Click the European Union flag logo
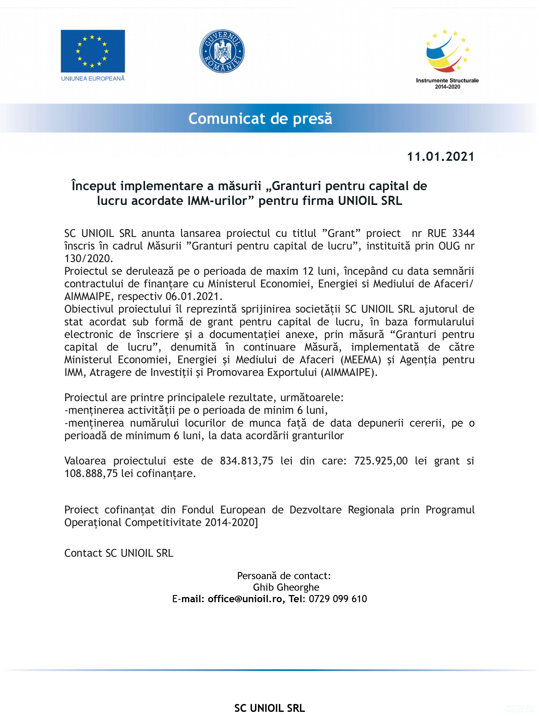click(x=93, y=51)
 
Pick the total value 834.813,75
click(x=247, y=461)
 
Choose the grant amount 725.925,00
click(x=381, y=461)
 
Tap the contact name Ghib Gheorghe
click(x=286, y=587)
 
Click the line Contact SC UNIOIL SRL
click(x=119, y=553)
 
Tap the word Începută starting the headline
click(x=93, y=186)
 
